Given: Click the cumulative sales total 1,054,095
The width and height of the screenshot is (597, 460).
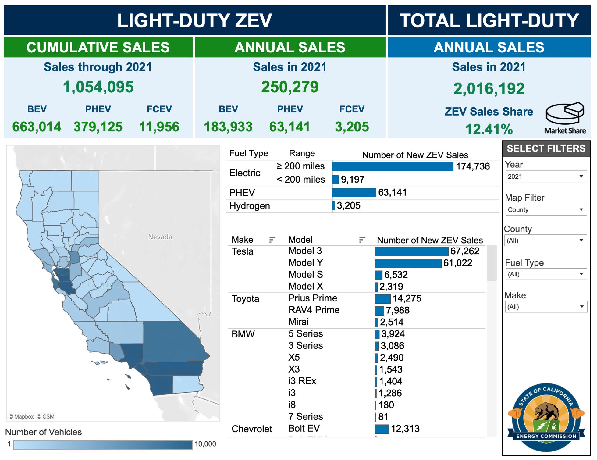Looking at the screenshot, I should coord(98,87).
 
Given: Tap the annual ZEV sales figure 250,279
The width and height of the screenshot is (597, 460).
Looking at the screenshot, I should coord(290,87).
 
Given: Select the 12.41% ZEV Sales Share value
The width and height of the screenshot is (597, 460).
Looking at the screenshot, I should coord(489,129).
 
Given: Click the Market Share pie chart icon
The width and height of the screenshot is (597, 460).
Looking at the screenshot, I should coord(565,113).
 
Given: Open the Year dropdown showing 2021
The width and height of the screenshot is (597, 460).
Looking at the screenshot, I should coord(546,177).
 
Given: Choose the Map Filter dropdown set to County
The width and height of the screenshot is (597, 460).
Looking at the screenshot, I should coord(546,210).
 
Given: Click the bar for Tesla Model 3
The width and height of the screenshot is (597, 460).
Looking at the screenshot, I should coord(411,251).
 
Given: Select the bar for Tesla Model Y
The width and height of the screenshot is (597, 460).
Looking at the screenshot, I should coord(408,263).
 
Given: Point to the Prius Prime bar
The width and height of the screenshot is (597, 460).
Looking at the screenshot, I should coord(382,299).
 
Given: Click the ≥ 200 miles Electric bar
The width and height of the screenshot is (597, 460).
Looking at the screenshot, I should coord(393,167).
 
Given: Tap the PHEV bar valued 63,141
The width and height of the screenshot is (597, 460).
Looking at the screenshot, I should coord(354,193).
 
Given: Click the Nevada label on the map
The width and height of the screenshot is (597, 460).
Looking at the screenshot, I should coord(160,237).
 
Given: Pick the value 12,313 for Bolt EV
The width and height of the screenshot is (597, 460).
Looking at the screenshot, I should coord(405,429).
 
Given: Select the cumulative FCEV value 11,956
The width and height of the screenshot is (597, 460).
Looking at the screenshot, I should coord(159,127).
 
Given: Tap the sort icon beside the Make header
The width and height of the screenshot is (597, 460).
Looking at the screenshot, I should coord(272,240).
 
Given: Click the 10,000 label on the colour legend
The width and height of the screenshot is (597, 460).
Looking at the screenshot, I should coord(205,444).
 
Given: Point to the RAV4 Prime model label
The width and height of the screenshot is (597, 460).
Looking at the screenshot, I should coord(314,310).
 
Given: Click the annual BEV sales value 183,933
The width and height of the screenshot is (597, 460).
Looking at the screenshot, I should coord(228,127).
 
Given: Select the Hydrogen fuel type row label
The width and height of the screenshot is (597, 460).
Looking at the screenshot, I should coord(249,206).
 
